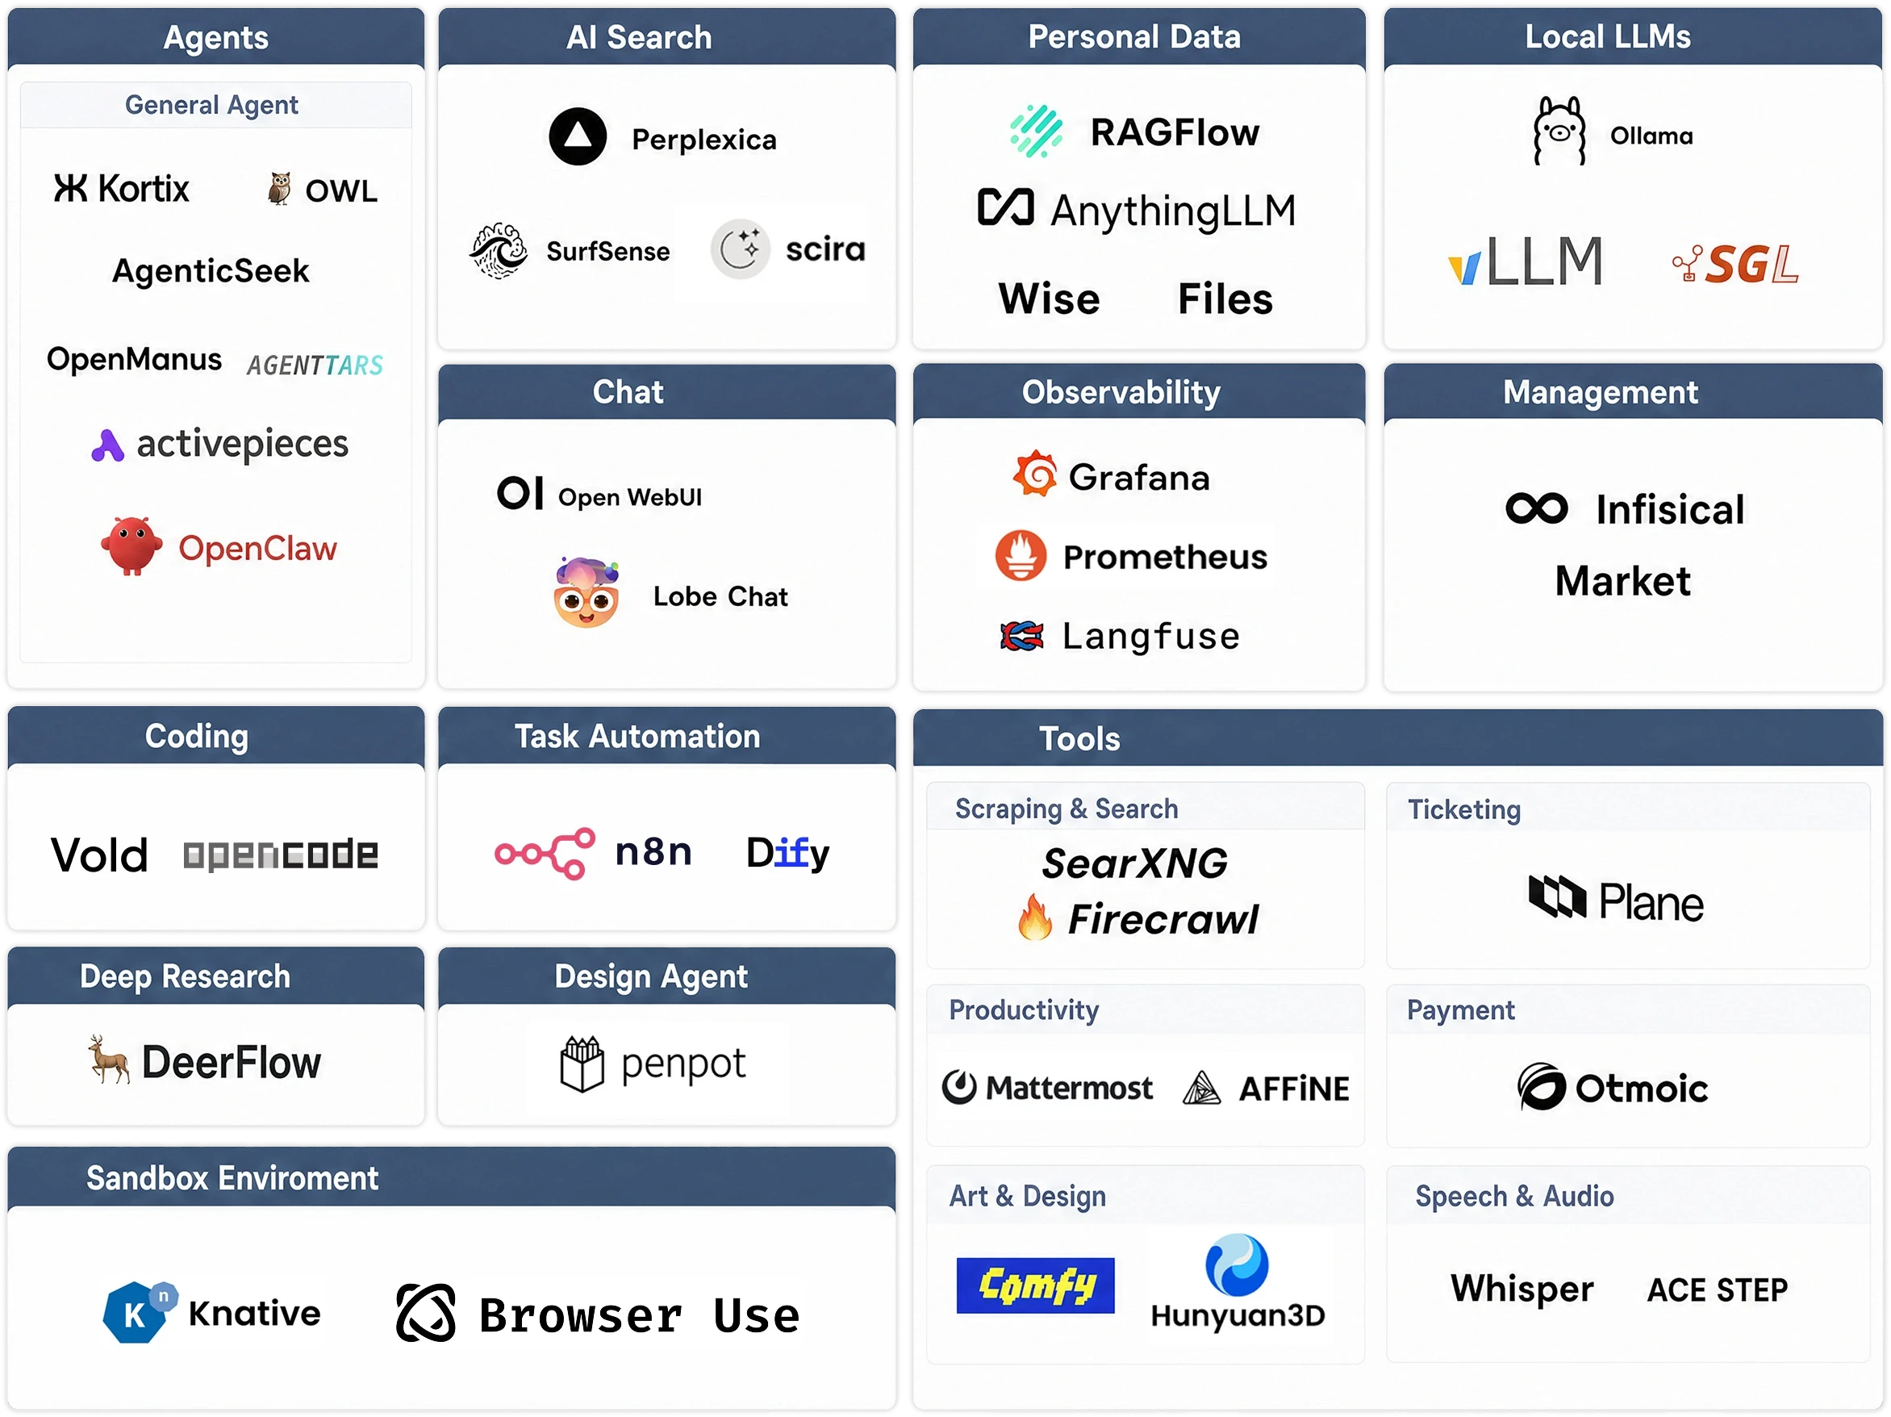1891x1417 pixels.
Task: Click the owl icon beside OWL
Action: pyautogui.click(x=278, y=189)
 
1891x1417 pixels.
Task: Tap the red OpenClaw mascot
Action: pyautogui.click(x=131, y=545)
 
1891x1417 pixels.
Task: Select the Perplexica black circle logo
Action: pyautogui.click(x=578, y=137)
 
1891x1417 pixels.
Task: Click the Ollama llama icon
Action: pyautogui.click(x=1559, y=131)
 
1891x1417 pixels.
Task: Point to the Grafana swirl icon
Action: pyautogui.click(x=1035, y=474)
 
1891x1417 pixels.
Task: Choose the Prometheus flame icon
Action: pyautogui.click(x=1021, y=556)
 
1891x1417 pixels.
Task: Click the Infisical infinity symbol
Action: pyautogui.click(x=1536, y=509)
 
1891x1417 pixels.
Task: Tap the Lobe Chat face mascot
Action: pyautogui.click(x=587, y=593)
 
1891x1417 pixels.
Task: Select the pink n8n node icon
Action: pyautogui.click(x=545, y=854)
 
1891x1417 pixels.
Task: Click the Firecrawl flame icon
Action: pyautogui.click(x=1034, y=917)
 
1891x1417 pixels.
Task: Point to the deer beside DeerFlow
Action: pyautogui.click(x=109, y=1059)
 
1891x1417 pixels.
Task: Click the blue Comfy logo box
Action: pyautogui.click(x=1035, y=1285)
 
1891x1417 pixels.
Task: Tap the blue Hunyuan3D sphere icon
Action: pyautogui.click(x=1237, y=1264)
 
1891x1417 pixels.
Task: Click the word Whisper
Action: pyautogui.click(x=1522, y=1289)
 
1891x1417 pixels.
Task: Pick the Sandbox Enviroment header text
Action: pyautogui.click(x=232, y=1178)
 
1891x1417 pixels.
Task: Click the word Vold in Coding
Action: pyautogui.click(x=99, y=855)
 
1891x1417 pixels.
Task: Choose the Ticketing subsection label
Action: pyautogui.click(x=1464, y=810)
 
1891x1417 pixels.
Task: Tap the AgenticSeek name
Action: pyautogui.click(x=211, y=271)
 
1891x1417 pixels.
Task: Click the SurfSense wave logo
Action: pyautogui.click(x=499, y=252)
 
